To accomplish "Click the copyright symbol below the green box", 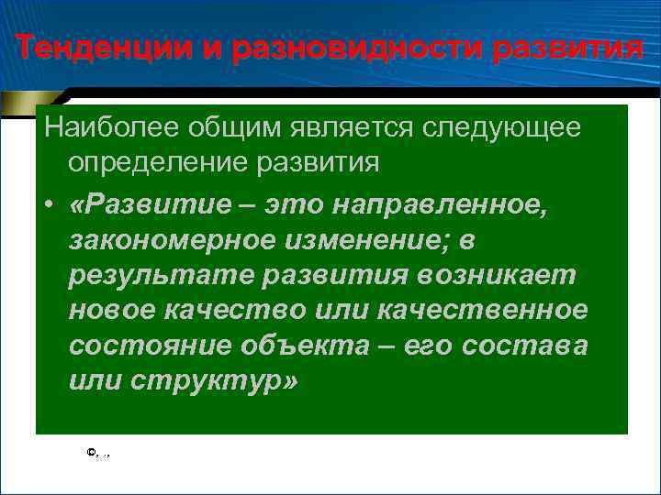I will [x=90, y=451].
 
